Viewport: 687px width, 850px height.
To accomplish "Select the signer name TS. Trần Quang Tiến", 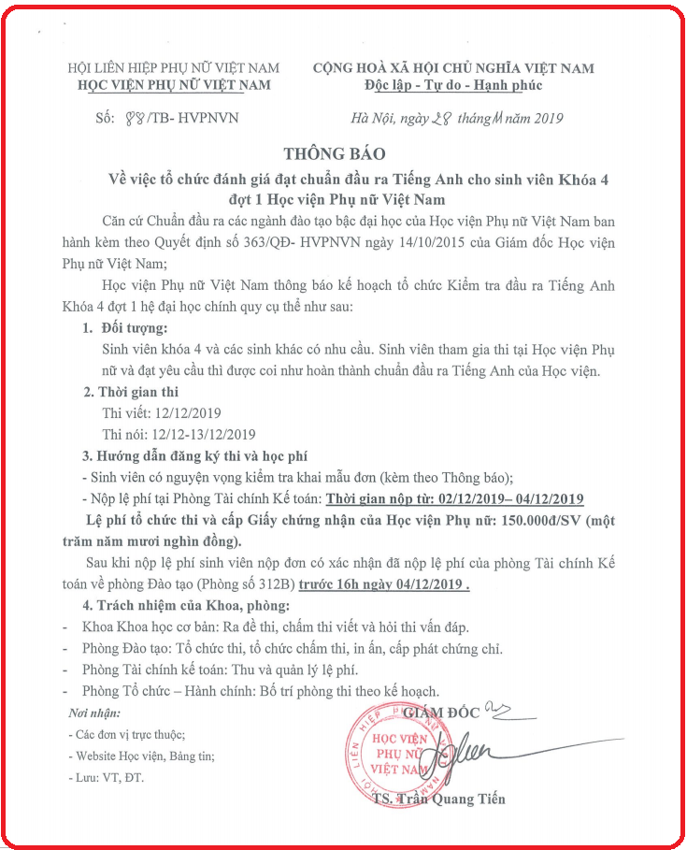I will point(437,799).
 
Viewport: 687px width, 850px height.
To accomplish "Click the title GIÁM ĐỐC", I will point(443,713).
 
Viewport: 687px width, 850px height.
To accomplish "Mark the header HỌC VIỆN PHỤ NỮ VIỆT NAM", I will point(174,85).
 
